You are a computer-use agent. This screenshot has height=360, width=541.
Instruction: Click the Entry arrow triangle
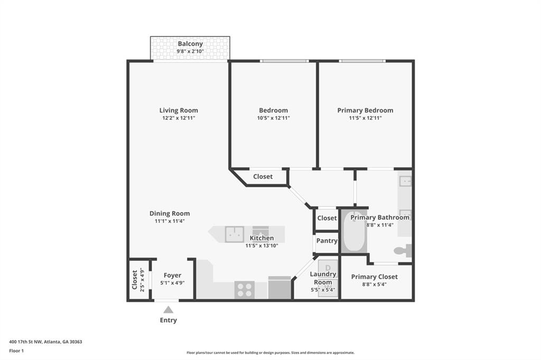168,310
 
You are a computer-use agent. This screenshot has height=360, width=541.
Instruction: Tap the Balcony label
190,44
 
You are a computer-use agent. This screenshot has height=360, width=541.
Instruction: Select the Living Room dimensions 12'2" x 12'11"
179,118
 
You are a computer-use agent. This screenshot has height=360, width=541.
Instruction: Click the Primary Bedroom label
365,110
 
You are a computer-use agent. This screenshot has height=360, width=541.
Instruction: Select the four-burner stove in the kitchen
245,290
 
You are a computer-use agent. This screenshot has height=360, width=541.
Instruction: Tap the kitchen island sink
234,234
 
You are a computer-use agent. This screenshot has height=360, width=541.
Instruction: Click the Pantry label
327,241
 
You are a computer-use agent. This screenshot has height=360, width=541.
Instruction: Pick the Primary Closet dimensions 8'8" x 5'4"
374,285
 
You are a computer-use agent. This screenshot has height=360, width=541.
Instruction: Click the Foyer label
172,276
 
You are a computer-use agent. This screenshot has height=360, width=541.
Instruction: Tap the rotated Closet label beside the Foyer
135,280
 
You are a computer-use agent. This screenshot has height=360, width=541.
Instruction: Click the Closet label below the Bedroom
263,176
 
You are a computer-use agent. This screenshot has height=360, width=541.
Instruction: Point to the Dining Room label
170,214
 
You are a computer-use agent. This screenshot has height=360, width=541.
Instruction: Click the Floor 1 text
17,350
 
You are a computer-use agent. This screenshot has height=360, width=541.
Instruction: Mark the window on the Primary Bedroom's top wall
362,61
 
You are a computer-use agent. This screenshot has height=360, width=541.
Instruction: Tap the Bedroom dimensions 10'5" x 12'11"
273,118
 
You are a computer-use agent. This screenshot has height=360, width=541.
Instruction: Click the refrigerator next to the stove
279,288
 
